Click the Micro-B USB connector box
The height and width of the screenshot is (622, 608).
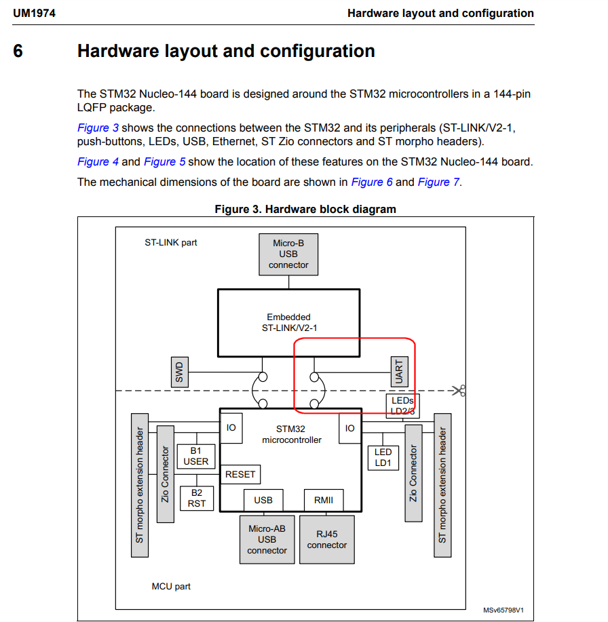coord(288,254)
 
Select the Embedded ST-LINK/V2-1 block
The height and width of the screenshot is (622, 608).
coord(288,322)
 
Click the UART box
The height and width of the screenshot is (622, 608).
coord(398,371)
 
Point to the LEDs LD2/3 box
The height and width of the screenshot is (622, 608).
coord(402,406)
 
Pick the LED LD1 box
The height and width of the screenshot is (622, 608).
coord(383,457)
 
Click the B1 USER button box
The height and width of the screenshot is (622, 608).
coord(196,456)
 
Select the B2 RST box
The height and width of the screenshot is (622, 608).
coord(196,498)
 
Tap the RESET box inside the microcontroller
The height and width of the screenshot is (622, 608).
coord(240,474)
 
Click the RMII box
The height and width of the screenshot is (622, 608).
coord(324,500)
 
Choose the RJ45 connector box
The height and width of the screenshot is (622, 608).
coord(326,539)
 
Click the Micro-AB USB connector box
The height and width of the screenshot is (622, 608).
coord(267,539)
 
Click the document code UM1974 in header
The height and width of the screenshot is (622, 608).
coord(34,13)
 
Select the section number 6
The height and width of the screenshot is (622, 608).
coord(18,51)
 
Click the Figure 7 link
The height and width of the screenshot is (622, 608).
coord(438,182)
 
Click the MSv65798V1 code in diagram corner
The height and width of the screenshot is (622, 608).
coord(503,610)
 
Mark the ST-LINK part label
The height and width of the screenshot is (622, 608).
coord(171,242)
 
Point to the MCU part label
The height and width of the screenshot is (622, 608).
coord(171,586)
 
